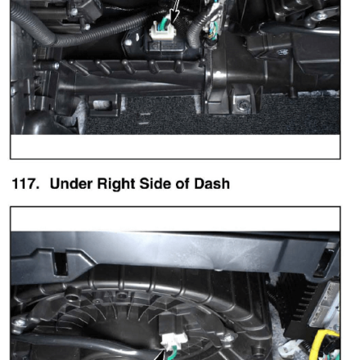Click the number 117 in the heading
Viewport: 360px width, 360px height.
coord(25,183)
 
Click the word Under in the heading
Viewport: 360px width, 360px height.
coord(71,183)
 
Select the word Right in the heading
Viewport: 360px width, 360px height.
coord(116,184)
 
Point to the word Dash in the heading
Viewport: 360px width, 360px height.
coord(212,183)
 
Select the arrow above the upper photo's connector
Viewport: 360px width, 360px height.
coord(175,11)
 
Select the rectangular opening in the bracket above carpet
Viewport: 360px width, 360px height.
coord(102,104)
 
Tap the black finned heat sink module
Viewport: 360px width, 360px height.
coord(300,305)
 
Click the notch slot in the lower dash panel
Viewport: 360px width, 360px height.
coord(61,263)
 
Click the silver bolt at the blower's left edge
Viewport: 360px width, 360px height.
coord(20,323)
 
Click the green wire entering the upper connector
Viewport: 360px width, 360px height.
coord(166,22)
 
